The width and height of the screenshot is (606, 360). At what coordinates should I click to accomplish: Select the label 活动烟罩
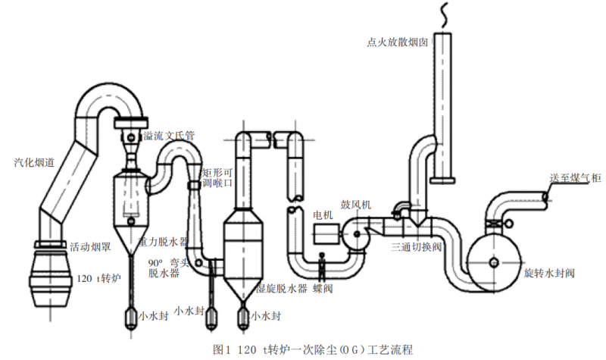(90, 246)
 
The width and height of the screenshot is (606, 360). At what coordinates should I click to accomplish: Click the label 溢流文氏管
(169, 136)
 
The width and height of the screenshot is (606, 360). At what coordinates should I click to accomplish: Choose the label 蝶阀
(322, 288)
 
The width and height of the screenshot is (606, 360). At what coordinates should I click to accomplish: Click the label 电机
(323, 214)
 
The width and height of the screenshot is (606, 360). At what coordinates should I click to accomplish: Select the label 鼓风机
(355, 205)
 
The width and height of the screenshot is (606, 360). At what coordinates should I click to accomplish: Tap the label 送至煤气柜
(575, 177)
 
